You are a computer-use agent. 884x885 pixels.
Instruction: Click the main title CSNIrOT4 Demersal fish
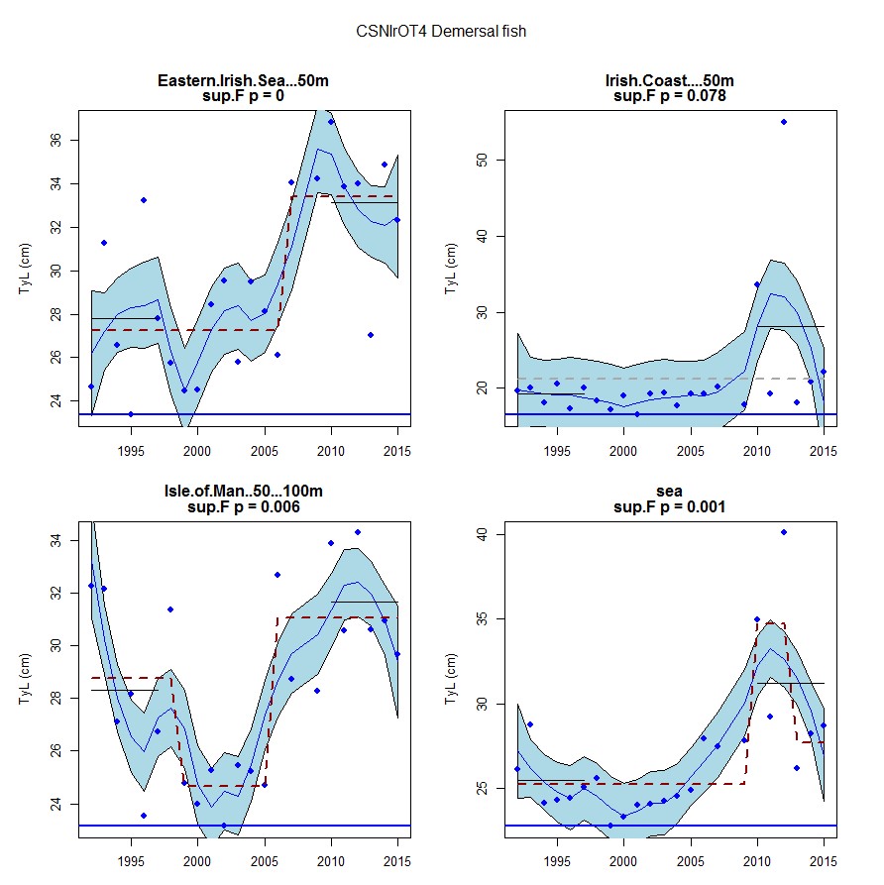(441, 32)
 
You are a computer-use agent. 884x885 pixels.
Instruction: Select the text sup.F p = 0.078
(671, 96)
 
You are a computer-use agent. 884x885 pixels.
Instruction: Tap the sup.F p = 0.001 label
(671, 507)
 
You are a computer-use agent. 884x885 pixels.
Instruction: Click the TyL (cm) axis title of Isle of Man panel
(27, 680)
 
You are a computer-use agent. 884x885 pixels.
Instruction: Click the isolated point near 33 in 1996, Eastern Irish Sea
(144, 200)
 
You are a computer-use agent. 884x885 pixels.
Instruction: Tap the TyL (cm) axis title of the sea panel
(453, 680)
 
